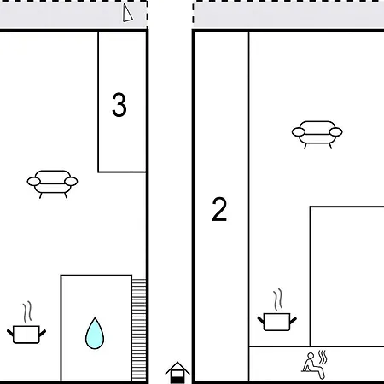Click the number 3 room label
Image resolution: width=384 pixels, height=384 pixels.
[x=119, y=105]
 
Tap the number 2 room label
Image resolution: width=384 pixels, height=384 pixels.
[x=219, y=209]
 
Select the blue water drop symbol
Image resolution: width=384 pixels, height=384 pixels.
[x=95, y=334]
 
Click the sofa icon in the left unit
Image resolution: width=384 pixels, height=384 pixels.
[x=52, y=184]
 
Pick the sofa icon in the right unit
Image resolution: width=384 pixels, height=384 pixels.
[x=317, y=135]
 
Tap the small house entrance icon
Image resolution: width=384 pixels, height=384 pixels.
[x=177, y=373]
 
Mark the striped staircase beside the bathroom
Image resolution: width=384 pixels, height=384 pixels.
[x=139, y=330]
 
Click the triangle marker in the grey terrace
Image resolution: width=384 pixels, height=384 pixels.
[x=128, y=13]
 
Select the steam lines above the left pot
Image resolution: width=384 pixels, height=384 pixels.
[x=27, y=312]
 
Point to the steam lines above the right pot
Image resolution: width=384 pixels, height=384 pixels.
[x=278, y=300]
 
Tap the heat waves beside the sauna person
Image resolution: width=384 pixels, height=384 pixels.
[x=323, y=357]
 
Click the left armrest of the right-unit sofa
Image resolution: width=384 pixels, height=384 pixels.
[x=299, y=132]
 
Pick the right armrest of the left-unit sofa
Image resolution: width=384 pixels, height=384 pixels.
[x=71, y=181]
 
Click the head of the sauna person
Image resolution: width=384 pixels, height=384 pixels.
[x=311, y=356]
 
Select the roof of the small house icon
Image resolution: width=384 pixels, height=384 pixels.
[x=177, y=368]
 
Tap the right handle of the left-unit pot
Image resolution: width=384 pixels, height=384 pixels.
[x=43, y=333]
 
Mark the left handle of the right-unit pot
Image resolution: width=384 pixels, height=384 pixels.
[x=261, y=320]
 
